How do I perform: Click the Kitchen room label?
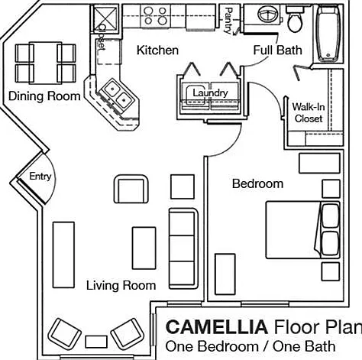point(157,50)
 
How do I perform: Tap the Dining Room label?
point(44,96)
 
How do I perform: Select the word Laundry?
point(210,93)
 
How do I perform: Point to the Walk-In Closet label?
point(309,112)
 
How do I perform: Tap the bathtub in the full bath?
point(328,34)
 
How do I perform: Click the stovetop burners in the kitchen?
point(155,15)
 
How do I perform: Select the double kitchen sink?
point(118,93)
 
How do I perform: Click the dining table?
point(46,63)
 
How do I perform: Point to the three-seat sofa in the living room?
point(183,248)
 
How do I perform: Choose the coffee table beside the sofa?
point(144,248)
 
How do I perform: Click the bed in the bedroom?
point(303,230)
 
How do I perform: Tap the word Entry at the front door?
point(40,176)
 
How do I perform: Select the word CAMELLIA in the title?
point(217,327)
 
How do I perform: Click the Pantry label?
point(228,21)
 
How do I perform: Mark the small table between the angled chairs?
point(96,342)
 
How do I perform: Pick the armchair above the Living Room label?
point(131,189)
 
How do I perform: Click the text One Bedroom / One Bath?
point(250,347)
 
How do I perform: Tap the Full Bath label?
point(277,50)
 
